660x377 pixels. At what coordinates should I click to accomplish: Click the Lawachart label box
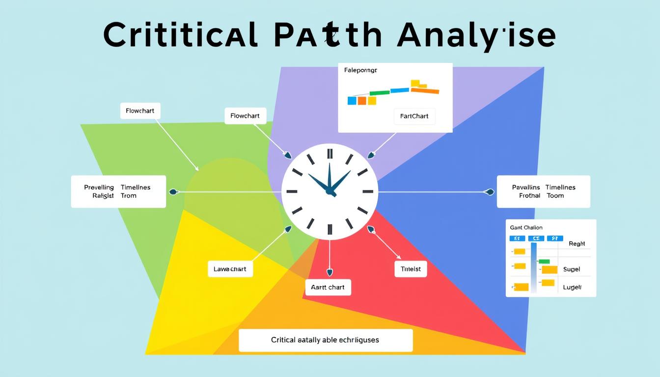click(x=230, y=269)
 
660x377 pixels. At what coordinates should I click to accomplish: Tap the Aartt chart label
click(x=328, y=287)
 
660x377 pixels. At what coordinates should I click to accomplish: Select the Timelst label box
click(x=411, y=269)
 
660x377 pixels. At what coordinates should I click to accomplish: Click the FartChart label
click(x=414, y=116)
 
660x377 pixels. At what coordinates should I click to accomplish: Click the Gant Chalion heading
click(x=526, y=228)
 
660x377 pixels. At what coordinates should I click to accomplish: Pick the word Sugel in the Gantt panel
click(x=571, y=269)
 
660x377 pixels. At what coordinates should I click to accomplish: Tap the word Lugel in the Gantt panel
click(x=572, y=287)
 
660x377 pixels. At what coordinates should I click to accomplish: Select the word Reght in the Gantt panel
click(x=577, y=243)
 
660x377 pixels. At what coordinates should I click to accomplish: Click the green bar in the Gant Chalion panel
click(x=544, y=262)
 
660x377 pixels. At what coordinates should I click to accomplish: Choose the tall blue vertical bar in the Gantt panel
click(x=534, y=267)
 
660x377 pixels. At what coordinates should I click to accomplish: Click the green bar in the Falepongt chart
click(x=379, y=92)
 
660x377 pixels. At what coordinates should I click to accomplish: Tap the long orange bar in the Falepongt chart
click(x=425, y=91)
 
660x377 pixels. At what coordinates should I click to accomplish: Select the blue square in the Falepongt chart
click(x=352, y=101)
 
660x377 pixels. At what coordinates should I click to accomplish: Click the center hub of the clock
click(x=330, y=191)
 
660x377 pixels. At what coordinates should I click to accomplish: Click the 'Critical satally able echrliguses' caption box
click(x=325, y=340)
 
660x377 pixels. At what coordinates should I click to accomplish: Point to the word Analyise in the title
click(x=476, y=35)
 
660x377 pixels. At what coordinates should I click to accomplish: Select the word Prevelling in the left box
click(x=99, y=188)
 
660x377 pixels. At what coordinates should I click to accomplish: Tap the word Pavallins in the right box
click(x=526, y=188)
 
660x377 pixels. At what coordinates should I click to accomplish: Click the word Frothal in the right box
click(x=529, y=195)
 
